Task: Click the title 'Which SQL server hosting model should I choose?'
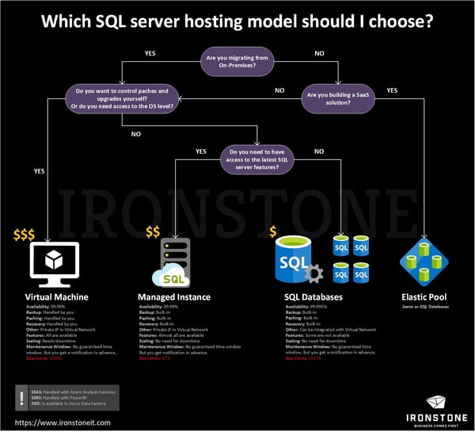[x=237, y=22]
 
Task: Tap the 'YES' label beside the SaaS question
[x=392, y=90]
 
